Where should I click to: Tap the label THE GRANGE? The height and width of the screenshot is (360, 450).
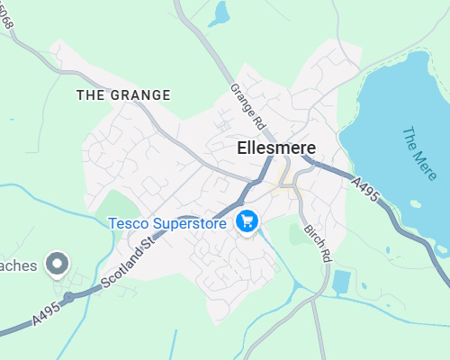pyautogui.click(x=123, y=94)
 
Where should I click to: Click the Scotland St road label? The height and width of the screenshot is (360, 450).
pyautogui.click(x=129, y=262)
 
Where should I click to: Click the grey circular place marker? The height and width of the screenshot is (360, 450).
pyautogui.click(x=58, y=264)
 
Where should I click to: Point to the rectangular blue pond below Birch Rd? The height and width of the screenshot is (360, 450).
pyautogui.click(x=341, y=282)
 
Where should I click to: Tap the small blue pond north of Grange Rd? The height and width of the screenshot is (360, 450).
pyautogui.click(x=219, y=13)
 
